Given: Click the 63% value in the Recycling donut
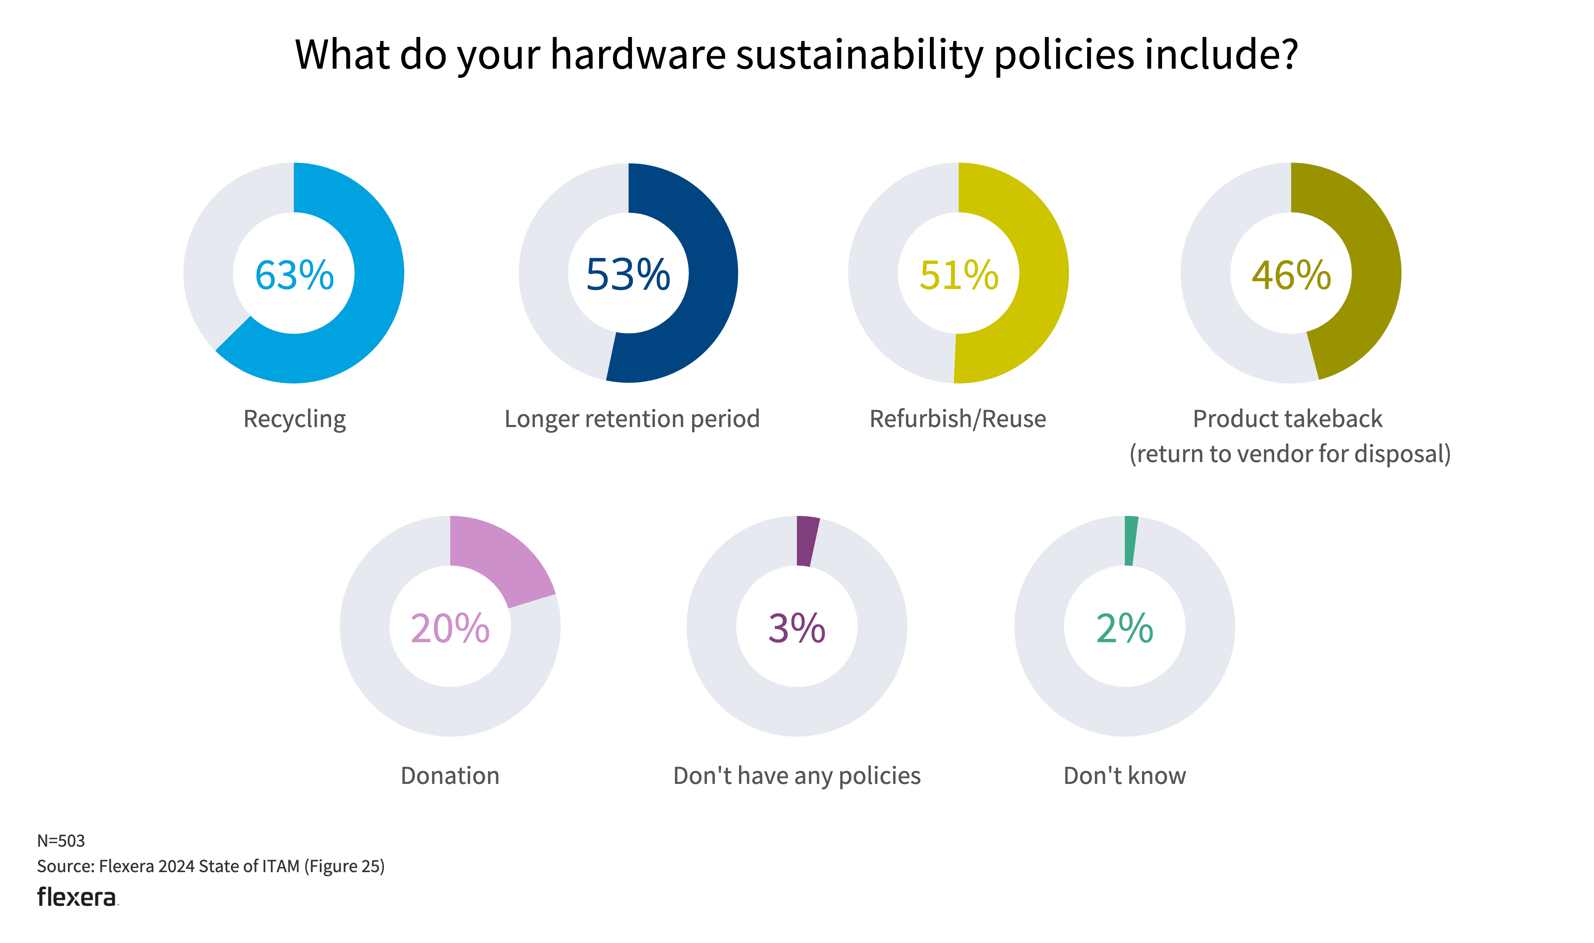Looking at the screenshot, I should (x=294, y=275).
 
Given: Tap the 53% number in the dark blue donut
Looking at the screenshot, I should (x=628, y=275).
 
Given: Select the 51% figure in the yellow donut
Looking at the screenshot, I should (x=958, y=275).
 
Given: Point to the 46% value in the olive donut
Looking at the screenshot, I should (x=1291, y=275).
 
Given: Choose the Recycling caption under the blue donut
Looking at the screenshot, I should (x=294, y=419).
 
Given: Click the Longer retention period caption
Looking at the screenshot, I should (x=632, y=419).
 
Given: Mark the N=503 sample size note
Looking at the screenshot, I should (x=61, y=841).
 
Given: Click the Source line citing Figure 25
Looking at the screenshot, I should (x=210, y=866).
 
